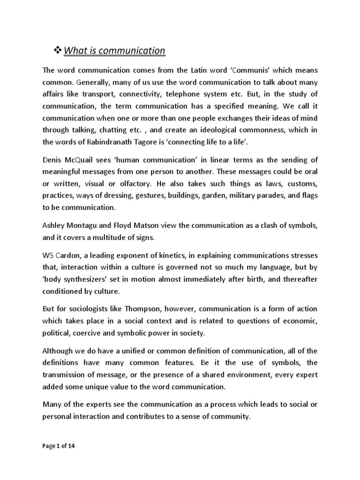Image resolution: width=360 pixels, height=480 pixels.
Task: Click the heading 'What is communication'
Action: coord(115,50)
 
